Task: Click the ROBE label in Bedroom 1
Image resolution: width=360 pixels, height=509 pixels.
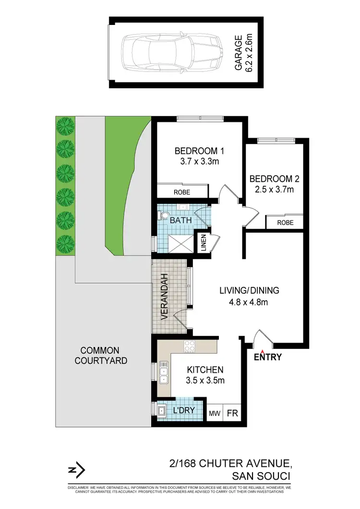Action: pos(182,192)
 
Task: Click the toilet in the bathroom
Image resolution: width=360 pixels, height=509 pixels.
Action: pos(164,217)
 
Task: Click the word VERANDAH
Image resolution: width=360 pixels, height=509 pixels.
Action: pos(164,297)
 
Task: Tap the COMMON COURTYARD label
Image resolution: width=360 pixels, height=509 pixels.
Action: pos(100,355)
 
